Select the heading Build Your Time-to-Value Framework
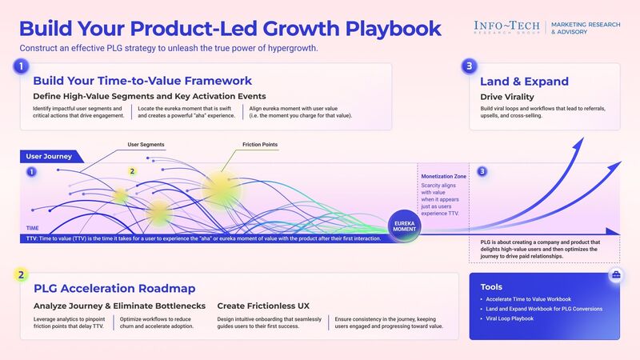click(x=142, y=81)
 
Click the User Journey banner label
click(x=50, y=156)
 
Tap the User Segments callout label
click(x=146, y=145)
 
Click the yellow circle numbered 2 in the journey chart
click(x=133, y=171)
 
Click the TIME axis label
click(x=32, y=228)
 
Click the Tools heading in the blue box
click(x=492, y=286)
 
